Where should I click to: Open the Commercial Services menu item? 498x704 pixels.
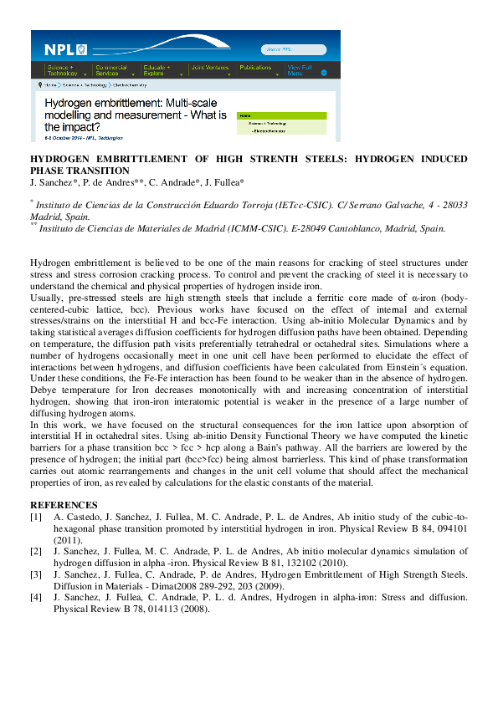click(112, 70)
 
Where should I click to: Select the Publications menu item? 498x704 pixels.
click(256, 67)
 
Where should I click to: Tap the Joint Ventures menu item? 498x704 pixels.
click(209, 67)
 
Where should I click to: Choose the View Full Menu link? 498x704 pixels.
click(299, 70)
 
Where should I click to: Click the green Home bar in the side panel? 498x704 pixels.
click(281, 115)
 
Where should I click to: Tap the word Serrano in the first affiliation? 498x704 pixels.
click(359, 205)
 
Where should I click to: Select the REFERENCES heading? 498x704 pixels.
click(64, 505)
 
